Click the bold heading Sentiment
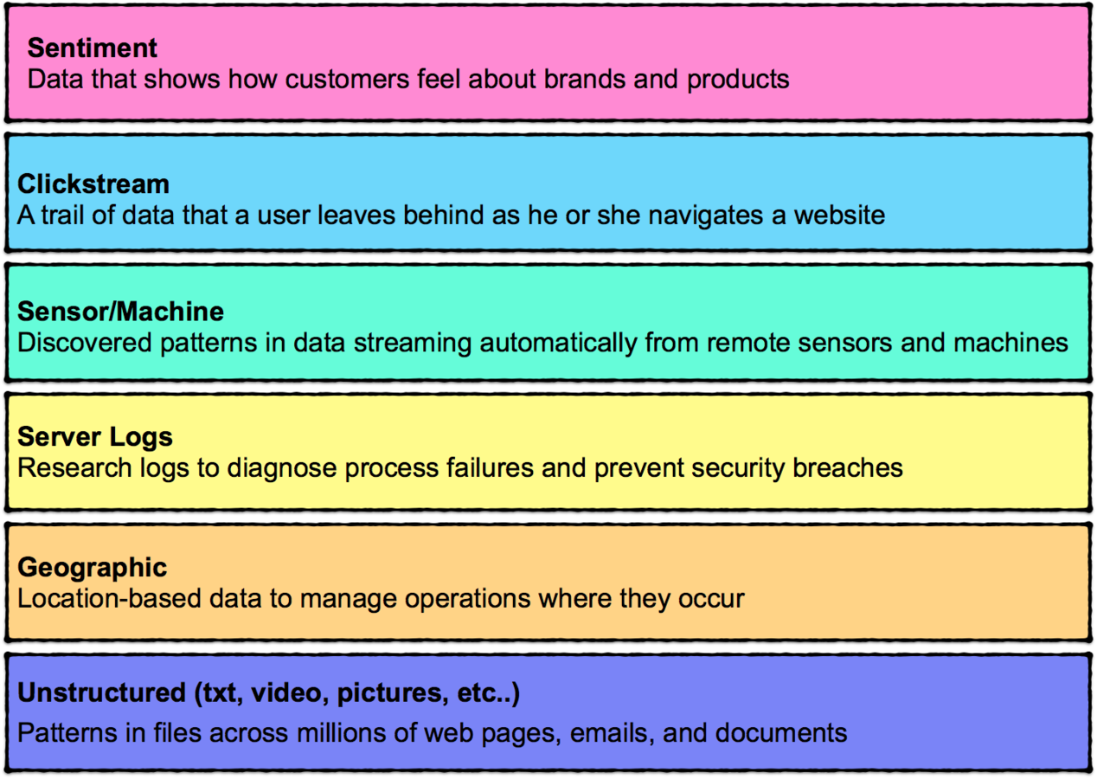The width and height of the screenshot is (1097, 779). coord(93,48)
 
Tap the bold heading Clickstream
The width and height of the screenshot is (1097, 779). coord(93,183)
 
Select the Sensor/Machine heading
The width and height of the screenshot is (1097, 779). coord(120,312)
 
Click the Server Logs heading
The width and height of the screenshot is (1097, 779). coord(95,436)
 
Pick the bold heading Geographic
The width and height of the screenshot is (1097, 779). coord(93,567)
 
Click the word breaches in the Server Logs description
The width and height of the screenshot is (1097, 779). coord(851,468)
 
